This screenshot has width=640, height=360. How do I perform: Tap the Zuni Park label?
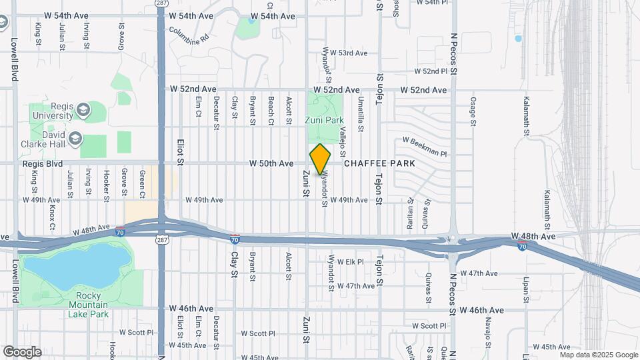point(323,121)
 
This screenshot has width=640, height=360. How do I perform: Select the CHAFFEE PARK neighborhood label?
point(379,163)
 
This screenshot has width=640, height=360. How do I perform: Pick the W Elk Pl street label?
point(350,262)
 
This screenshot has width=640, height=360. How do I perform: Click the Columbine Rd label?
point(189,36)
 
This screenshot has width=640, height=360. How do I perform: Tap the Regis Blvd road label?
point(42,163)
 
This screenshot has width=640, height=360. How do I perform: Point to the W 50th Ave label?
point(271,163)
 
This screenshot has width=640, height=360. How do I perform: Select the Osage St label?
point(473,111)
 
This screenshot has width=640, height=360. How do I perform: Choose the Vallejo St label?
point(343,139)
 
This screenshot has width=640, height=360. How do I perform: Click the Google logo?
point(21,352)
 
